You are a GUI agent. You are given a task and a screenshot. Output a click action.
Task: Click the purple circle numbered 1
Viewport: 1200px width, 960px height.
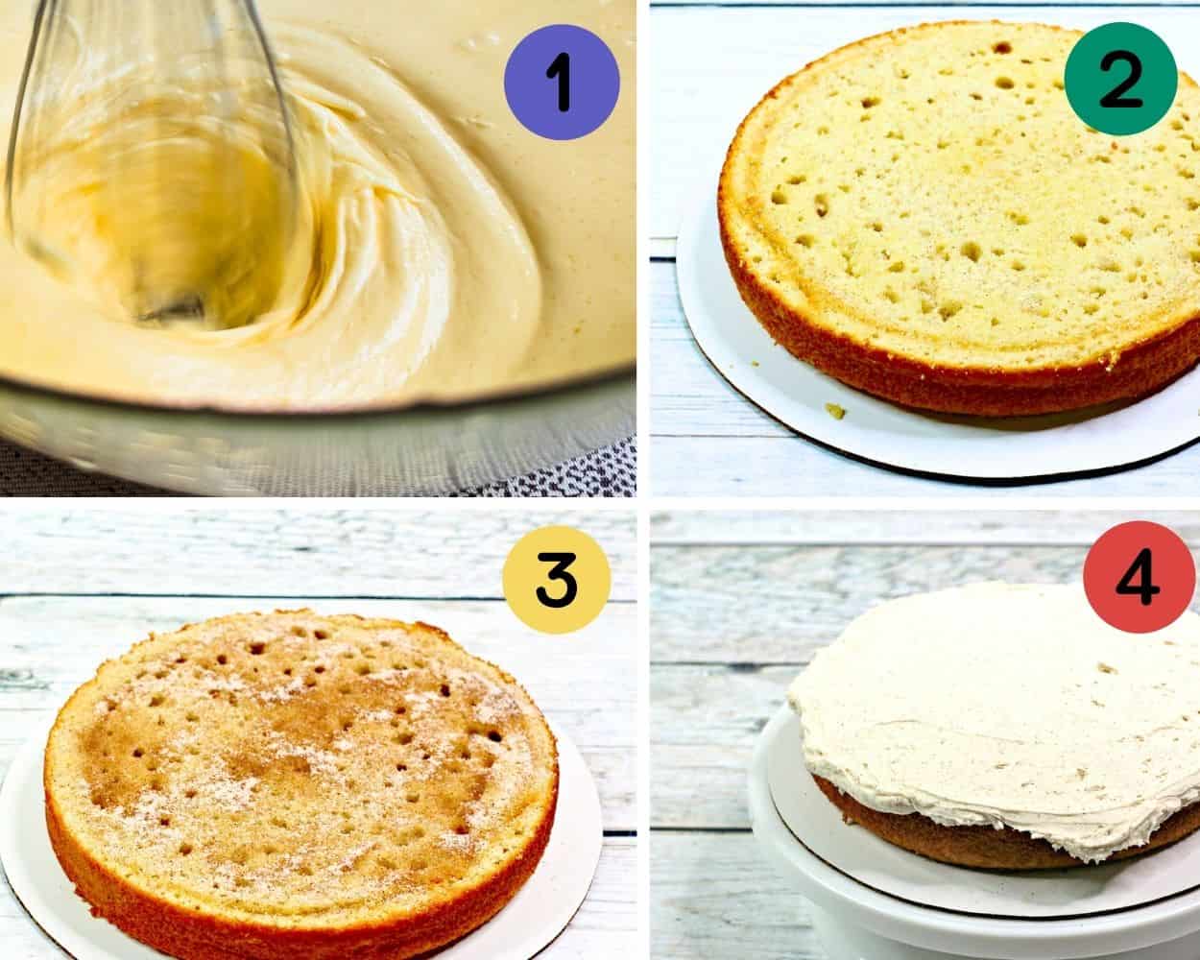click(x=562, y=81)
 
